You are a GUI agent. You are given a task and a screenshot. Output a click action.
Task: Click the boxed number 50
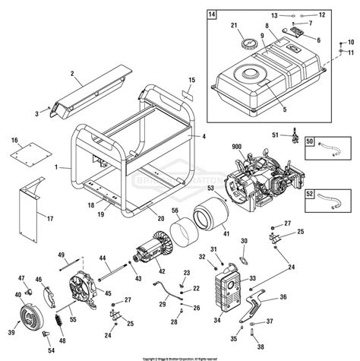(308, 142)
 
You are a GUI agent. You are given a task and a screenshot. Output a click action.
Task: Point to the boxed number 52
(308, 194)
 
